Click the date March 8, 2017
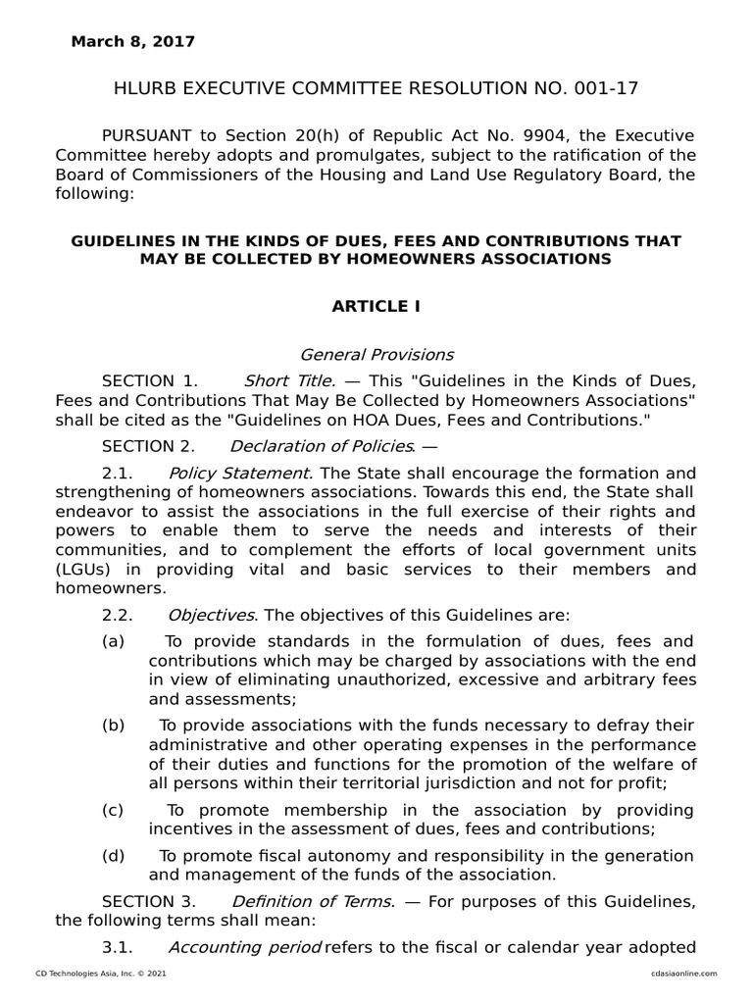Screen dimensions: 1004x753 132,42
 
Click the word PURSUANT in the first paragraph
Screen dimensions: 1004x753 150,134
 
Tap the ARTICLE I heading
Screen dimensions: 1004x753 376,306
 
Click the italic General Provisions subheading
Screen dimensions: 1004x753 376,354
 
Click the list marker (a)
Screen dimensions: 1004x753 113,641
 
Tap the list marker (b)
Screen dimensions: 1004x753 113,726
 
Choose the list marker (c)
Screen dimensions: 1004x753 113,810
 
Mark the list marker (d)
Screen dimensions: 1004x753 113,855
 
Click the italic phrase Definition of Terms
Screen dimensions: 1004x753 313,901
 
